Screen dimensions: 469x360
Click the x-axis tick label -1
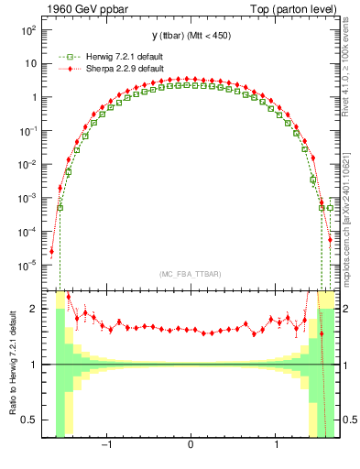[106, 446]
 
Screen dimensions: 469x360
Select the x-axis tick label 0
[191, 446]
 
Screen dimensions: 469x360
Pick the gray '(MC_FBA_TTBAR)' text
[190, 274]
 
